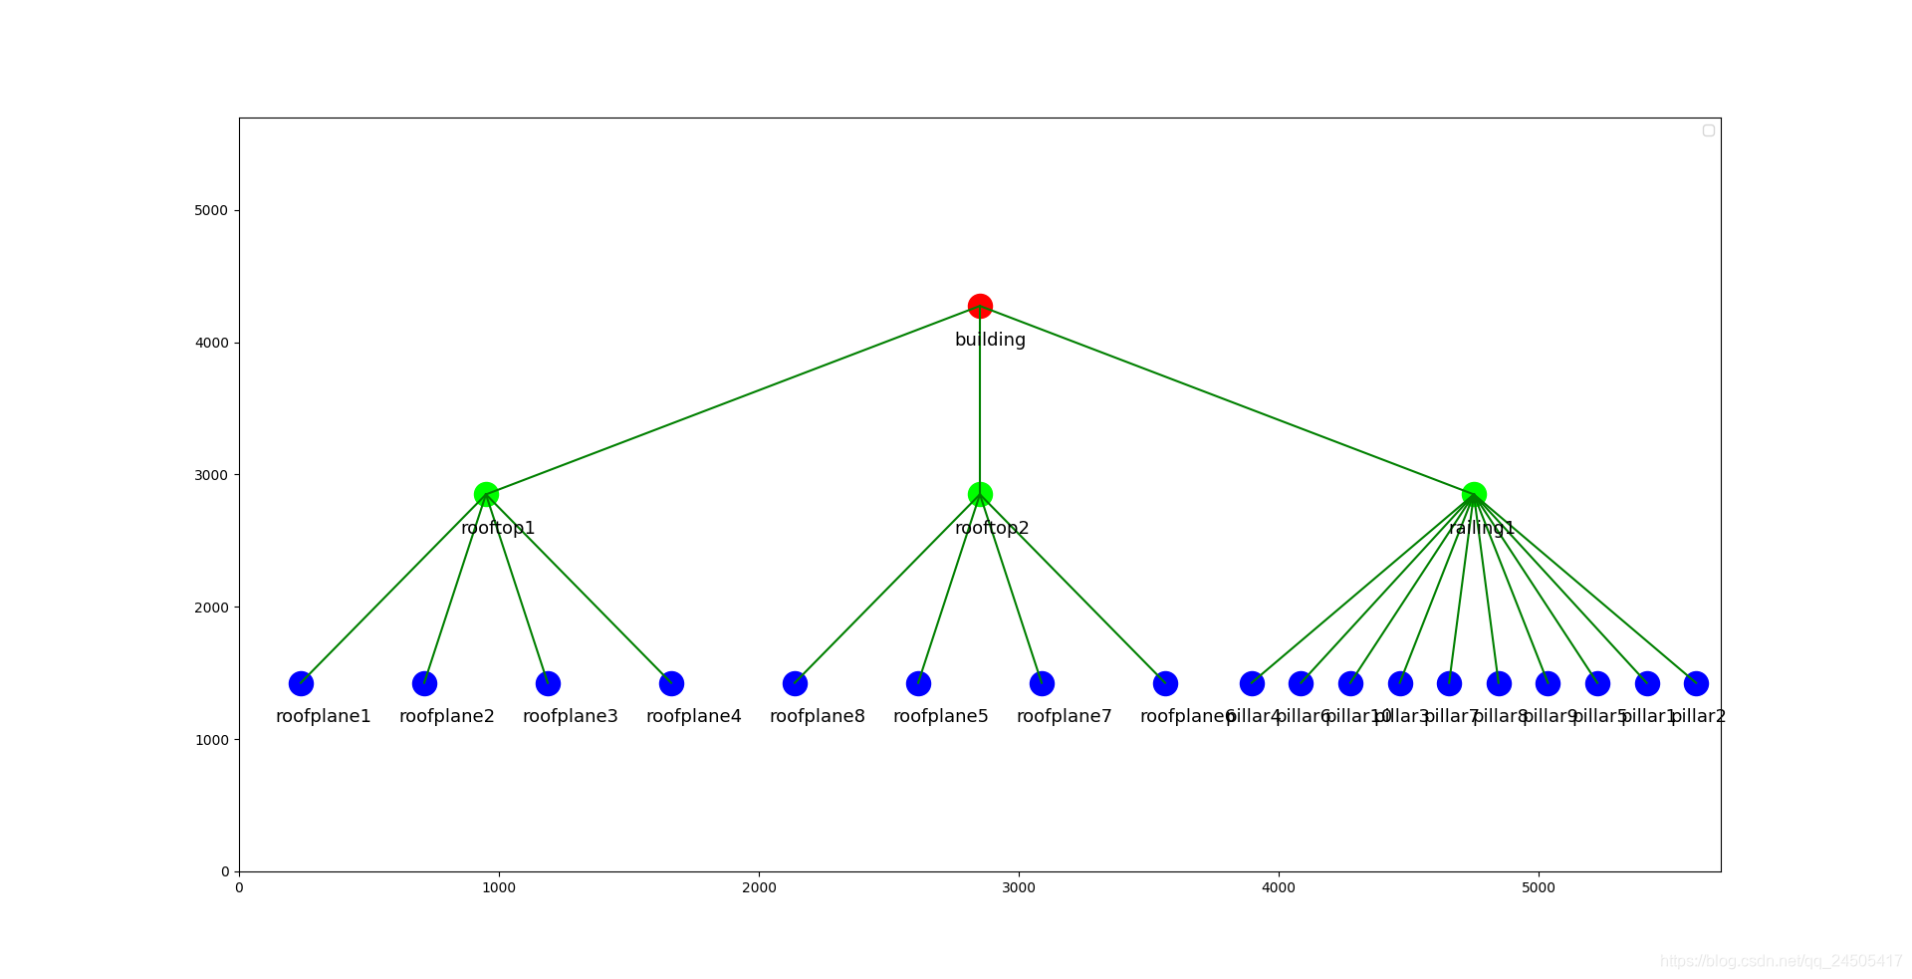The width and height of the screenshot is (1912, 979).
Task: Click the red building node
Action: [980, 306]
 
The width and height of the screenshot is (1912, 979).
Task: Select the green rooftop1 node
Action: [486, 494]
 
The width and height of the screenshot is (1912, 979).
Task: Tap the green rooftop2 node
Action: [980, 494]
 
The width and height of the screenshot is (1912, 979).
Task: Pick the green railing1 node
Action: [1474, 494]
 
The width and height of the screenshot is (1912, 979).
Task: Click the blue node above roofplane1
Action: [301, 683]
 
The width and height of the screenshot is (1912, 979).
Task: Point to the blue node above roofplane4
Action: [671, 683]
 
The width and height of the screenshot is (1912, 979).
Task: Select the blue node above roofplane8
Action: [795, 683]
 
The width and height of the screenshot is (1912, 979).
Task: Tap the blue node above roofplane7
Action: [1042, 683]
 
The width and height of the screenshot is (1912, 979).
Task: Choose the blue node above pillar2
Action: [1696, 683]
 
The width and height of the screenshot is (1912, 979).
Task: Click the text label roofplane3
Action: [570, 716]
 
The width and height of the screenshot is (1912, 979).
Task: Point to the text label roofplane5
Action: [940, 716]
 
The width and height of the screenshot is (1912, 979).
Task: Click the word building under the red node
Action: [990, 340]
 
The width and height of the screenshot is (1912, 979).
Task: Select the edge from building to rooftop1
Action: [733, 399]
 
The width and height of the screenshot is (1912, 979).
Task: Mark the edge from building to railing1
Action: [1227, 399]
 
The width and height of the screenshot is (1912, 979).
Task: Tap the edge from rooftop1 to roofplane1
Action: [393, 589]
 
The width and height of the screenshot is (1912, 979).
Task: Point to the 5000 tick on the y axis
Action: [211, 210]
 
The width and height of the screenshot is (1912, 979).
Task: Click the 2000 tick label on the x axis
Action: [759, 887]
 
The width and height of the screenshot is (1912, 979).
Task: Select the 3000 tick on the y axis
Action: [211, 475]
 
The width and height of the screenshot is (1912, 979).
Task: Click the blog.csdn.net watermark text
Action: [1781, 961]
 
